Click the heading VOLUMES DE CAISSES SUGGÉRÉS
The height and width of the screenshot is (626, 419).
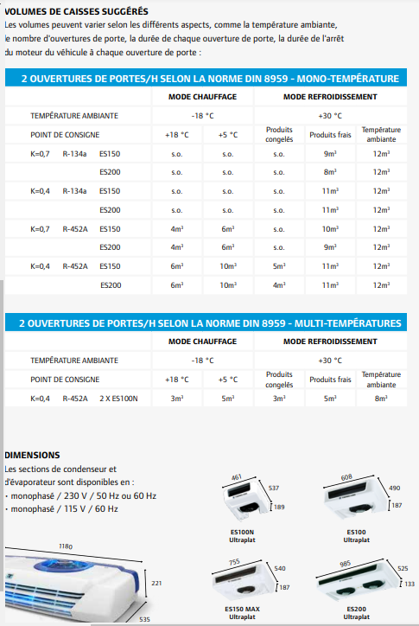tap(70, 11)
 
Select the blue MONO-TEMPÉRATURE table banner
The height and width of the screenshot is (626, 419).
tap(209, 79)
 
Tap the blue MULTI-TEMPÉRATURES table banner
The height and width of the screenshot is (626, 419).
tap(210, 323)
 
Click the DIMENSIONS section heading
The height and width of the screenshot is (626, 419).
tap(32, 454)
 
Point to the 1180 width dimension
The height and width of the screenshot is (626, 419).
tap(66, 546)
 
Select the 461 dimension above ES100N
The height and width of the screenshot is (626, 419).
tap(238, 476)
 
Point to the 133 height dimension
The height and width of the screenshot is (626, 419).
tap(409, 584)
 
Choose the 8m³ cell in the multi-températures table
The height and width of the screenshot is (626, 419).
tap(381, 399)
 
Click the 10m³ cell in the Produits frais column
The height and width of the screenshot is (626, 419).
tap(329, 229)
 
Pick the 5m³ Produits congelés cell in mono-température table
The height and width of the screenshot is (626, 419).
tap(279, 266)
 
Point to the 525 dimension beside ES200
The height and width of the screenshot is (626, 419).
tap(403, 568)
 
